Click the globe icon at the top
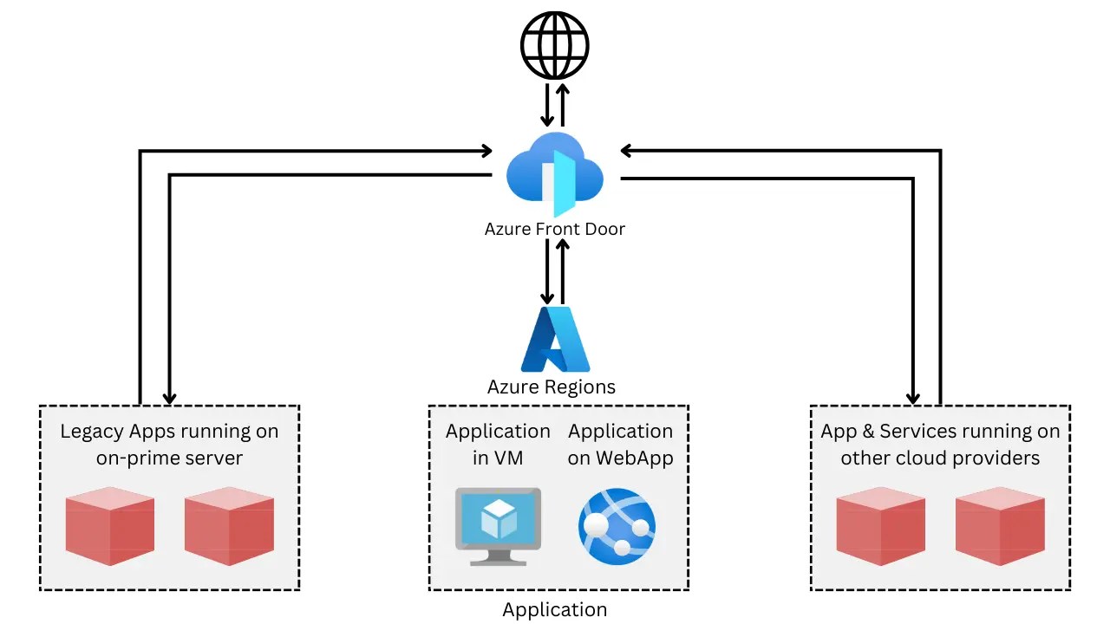(x=555, y=45)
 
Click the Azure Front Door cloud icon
(x=555, y=173)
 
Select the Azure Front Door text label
(x=555, y=230)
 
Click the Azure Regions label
(x=552, y=387)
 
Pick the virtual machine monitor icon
(x=499, y=526)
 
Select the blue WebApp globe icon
(x=617, y=526)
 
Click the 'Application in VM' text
(x=498, y=444)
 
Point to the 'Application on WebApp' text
(x=620, y=444)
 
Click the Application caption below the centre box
(x=555, y=610)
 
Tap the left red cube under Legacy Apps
(x=110, y=526)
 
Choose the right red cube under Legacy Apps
(x=229, y=526)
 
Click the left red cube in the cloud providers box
(x=880, y=526)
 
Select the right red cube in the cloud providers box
(x=1000, y=526)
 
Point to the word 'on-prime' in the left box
(x=132, y=458)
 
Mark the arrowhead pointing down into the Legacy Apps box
(x=170, y=397)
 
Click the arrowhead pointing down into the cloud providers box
(x=913, y=397)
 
